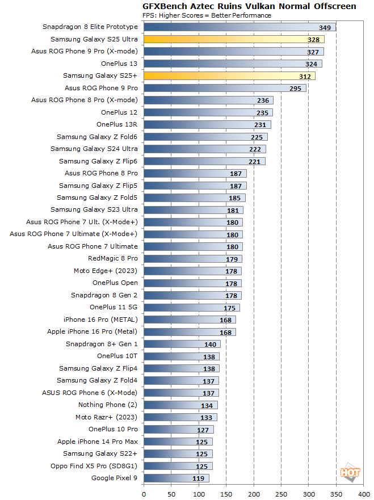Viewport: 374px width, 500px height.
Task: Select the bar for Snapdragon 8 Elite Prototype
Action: tap(238, 27)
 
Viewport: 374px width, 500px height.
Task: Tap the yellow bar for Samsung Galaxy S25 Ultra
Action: tap(233, 39)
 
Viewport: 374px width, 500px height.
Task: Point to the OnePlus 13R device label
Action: tap(117, 124)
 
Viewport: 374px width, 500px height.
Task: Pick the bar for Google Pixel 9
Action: tap(176, 478)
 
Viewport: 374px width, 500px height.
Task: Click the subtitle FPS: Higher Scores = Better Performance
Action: tap(207, 15)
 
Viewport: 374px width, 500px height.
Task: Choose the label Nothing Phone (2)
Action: tap(108, 405)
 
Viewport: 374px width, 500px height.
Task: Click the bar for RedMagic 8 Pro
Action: tap(193, 259)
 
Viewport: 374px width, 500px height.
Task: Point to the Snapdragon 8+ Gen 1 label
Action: tap(102, 344)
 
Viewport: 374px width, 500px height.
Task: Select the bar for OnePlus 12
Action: tap(208, 112)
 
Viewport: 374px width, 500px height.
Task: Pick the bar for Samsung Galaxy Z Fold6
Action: tap(205, 137)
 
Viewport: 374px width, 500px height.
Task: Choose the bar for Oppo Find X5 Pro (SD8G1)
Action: tap(178, 466)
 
